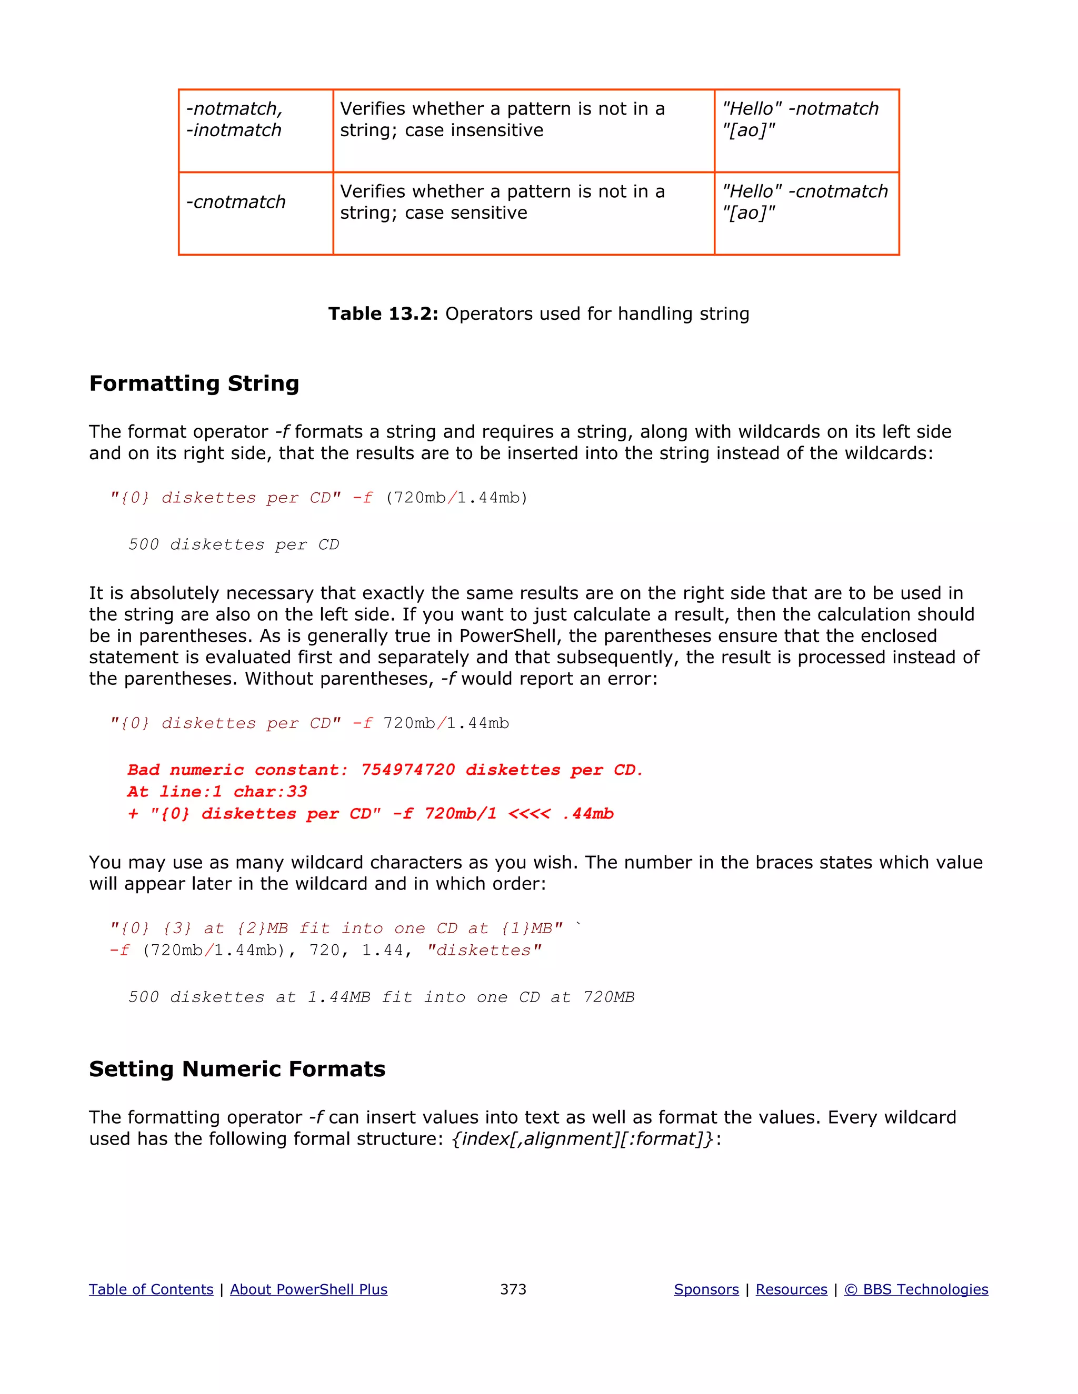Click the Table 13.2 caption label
point(383,314)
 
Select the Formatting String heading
point(194,383)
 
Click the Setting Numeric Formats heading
point(237,1068)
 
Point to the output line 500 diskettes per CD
point(233,544)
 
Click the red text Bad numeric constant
point(237,770)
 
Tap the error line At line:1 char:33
point(217,792)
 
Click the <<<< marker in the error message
point(529,814)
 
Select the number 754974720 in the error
point(407,770)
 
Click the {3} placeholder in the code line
point(177,928)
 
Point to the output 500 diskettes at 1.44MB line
point(381,997)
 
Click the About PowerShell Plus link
point(308,1289)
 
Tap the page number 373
point(513,1289)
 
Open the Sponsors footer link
point(706,1289)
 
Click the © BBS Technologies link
point(916,1289)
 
